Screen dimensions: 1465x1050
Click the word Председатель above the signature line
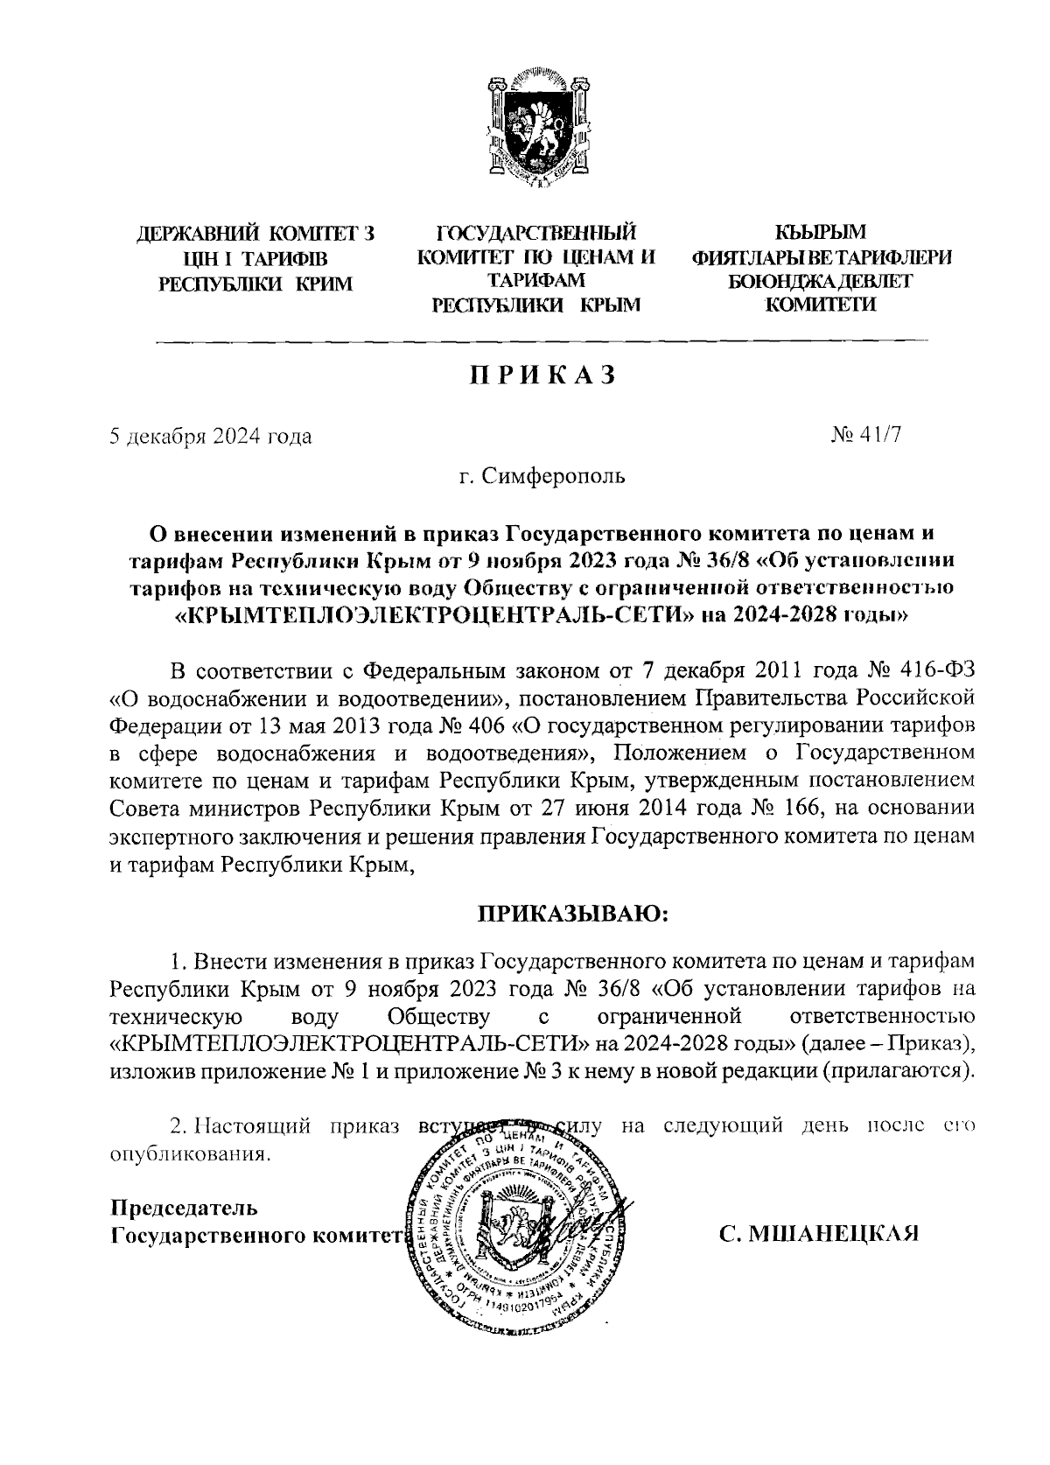point(185,1209)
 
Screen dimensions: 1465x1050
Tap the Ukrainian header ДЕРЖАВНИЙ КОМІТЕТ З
point(256,235)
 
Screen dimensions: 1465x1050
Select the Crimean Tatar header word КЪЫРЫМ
point(821,232)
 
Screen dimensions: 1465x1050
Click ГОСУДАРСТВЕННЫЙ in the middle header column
point(536,232)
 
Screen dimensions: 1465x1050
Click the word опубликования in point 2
point(188,1154)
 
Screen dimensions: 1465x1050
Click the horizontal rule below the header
point(542,340)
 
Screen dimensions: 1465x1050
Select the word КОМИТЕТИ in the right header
point(821,305)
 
